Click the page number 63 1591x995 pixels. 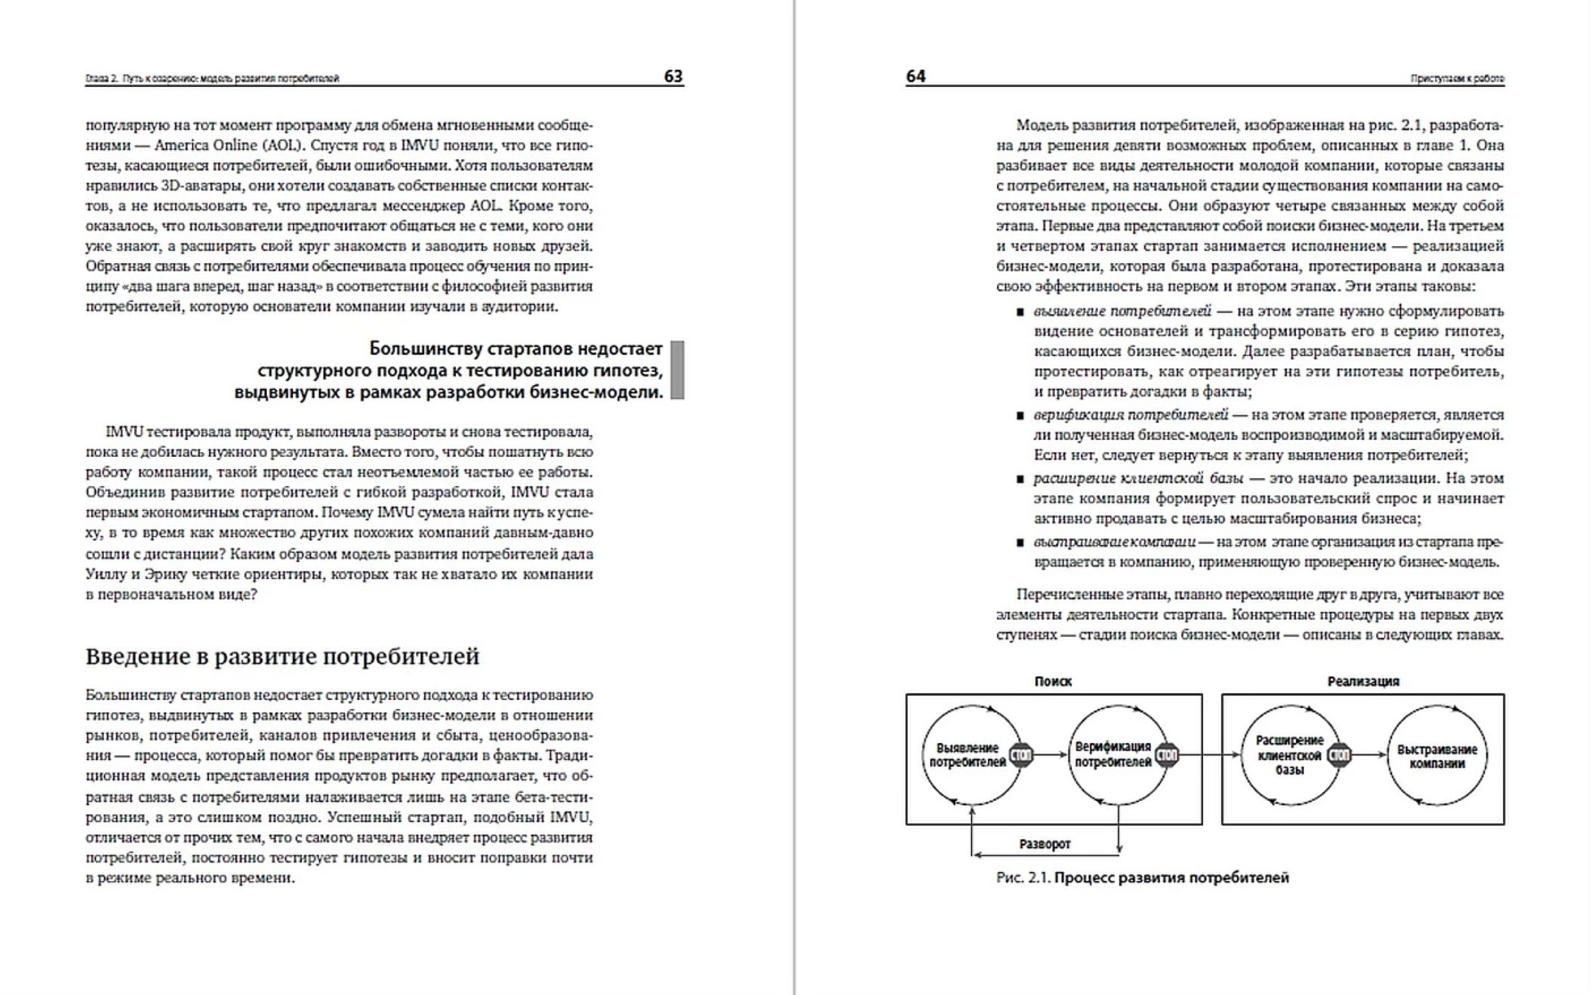(x=673, y=76)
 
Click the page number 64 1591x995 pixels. (x=916, y=76)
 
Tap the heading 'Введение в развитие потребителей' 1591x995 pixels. (x=282, y=656)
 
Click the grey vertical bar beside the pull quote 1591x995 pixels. (x=677, y=370)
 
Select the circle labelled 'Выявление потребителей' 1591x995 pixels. (x=968, y=755)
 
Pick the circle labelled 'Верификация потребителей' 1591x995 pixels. (x=1113, y=754)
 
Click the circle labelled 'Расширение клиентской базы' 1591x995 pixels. (x=1289, y=755)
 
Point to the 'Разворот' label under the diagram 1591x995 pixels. (x=1045, y=844)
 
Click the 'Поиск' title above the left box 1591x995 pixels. (x=1053, y=681)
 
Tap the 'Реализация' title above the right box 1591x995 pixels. (x=1363, y=681)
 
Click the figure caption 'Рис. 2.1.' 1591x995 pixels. (x=1023, y=877)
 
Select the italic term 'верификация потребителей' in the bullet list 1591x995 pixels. (x=1131, y=415)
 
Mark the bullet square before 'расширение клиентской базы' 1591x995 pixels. (x=1020, y=479)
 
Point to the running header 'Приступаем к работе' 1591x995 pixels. (x=1457, y=78)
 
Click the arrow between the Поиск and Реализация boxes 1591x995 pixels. (x=1212, y=754)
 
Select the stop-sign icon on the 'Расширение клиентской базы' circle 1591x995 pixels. (x=1339, y=754)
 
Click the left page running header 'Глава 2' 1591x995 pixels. (x=98, y=78)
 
